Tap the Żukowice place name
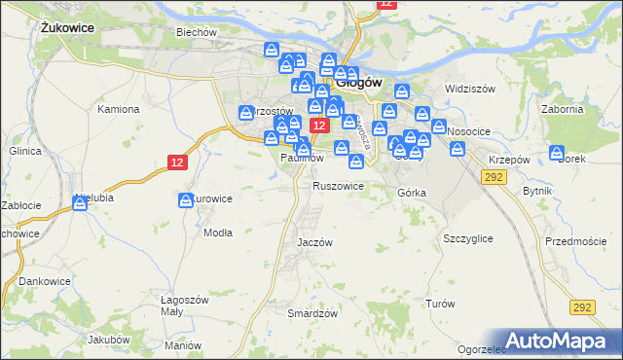pos(67,28)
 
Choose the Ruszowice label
pos(338,185)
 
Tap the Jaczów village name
pos(314,242)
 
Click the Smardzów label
pos(312,313)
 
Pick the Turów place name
pos(440,304)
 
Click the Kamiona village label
pos(119,109)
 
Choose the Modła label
pos(216,233)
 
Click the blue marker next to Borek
pos(557,153)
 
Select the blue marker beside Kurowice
pos(185,200)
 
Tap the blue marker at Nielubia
pos(80,202)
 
